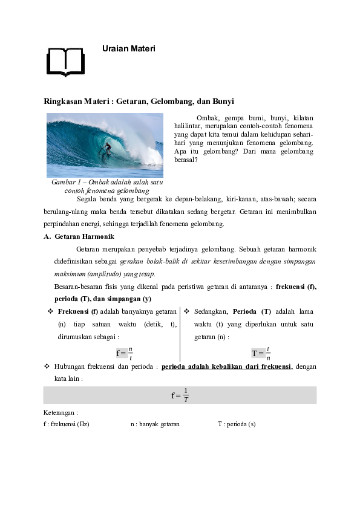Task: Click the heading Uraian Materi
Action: pyautogui.click(x=129, y=48)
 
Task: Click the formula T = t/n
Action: pyautogui.click(x=261, y=354)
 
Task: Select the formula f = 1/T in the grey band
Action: pyautogui.click(x=180, y=395)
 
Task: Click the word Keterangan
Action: pyautogui.click(x=61, y=413)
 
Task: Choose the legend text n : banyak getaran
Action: pyautogui.click(x=155, y=424)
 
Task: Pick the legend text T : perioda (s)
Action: pyautogui.click(x=237, y=424)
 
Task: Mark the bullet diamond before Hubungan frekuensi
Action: pyautogui.click(x=47, y=367)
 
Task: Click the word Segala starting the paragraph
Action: pyautogui.click(x=87, y=198)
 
